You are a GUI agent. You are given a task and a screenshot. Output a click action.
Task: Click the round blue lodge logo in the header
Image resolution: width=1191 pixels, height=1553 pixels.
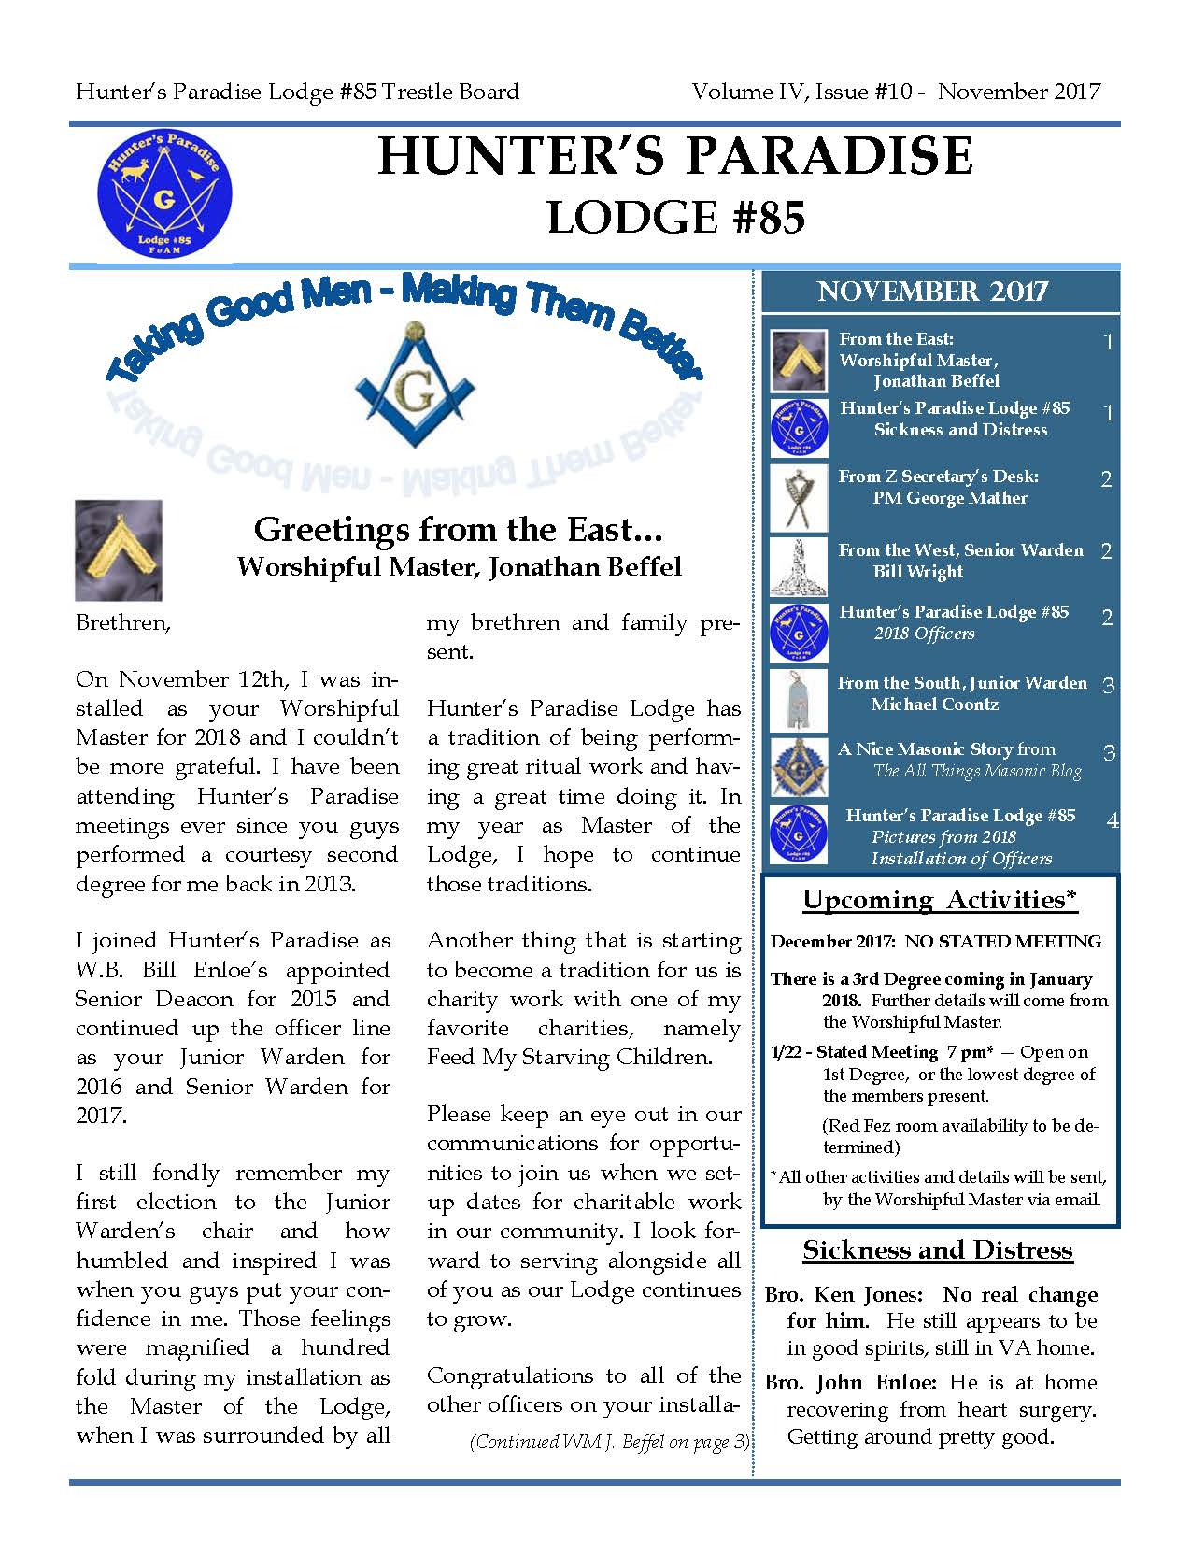tap(164, 192)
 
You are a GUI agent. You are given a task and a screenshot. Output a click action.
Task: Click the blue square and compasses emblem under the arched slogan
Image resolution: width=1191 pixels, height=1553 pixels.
tap(416, 385)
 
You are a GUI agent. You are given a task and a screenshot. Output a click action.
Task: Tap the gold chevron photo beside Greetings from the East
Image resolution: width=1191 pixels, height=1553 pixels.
tap(119, 549)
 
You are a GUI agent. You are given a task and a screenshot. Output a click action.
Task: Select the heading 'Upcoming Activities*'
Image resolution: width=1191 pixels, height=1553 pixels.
tap(940, 900)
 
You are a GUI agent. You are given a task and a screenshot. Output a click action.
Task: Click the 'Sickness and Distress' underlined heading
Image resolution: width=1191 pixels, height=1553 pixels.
tap(938, 1250)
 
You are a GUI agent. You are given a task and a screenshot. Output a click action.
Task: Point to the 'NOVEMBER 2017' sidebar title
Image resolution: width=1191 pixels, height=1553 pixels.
tap(932, 292)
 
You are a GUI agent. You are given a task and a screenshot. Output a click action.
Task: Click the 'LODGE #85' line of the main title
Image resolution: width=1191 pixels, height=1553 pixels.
tap(675, 218)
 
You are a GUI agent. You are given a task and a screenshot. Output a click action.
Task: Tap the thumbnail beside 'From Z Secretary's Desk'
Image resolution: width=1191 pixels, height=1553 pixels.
tap(799, 497)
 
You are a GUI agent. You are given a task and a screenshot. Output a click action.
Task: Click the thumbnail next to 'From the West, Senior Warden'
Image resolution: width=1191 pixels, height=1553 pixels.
tap(799, 565)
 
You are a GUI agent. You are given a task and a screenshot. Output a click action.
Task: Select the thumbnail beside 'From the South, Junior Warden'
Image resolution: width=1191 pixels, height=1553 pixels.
tap(799, 699)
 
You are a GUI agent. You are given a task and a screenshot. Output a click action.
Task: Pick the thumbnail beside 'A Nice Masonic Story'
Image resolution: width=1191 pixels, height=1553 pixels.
tap(799, 766)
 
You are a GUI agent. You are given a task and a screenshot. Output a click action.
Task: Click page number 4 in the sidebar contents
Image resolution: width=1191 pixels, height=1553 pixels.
tap(1112, 821)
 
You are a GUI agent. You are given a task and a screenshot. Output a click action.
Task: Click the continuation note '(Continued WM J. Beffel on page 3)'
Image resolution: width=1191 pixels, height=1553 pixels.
tap(609, 1442)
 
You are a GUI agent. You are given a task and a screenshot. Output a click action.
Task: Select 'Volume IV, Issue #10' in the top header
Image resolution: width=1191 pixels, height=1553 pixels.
tap(803, 92)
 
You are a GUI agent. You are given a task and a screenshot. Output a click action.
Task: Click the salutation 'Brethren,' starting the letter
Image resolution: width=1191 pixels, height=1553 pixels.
tap(123, 622)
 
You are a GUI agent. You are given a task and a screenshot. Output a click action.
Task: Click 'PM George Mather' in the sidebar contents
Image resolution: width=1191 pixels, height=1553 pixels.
tap(949, 498)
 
